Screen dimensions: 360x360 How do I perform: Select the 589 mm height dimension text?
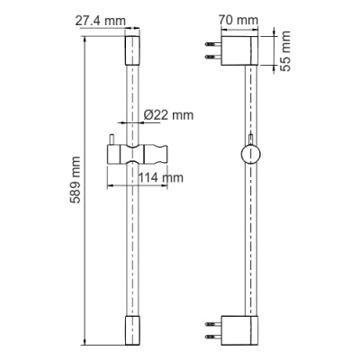point(76,188)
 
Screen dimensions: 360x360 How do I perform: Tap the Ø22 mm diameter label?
point(169,116)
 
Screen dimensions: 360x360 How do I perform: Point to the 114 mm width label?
point(162,178)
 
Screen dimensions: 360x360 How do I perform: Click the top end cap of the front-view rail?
point(132,51)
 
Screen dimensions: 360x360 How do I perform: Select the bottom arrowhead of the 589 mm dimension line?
point(85,341)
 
